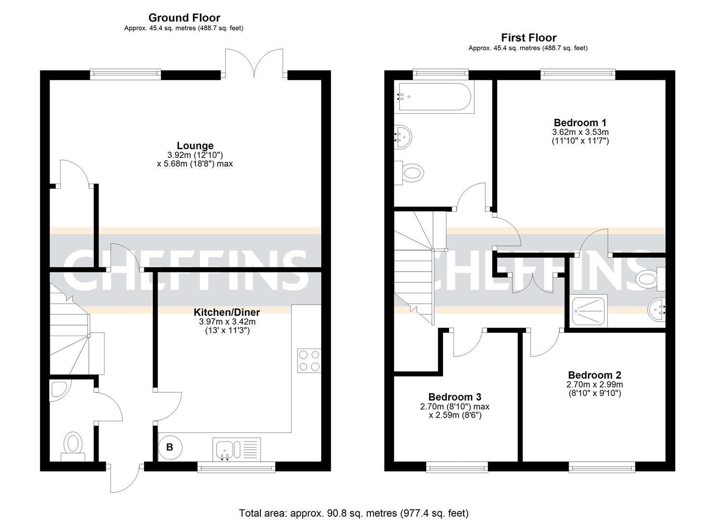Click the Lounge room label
[x=195, y=145]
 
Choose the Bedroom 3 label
[x=455, y=397]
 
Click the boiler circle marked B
[x=169, y=447]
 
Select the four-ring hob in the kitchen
[x=309, y=360]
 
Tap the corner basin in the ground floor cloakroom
[x=58, y=390]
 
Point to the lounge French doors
[x=254, y=63]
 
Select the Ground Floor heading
[x=184, y=18]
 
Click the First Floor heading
[x=528, y=38]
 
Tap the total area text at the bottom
[x=353, y=513]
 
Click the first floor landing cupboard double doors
[x=532, y=283]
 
